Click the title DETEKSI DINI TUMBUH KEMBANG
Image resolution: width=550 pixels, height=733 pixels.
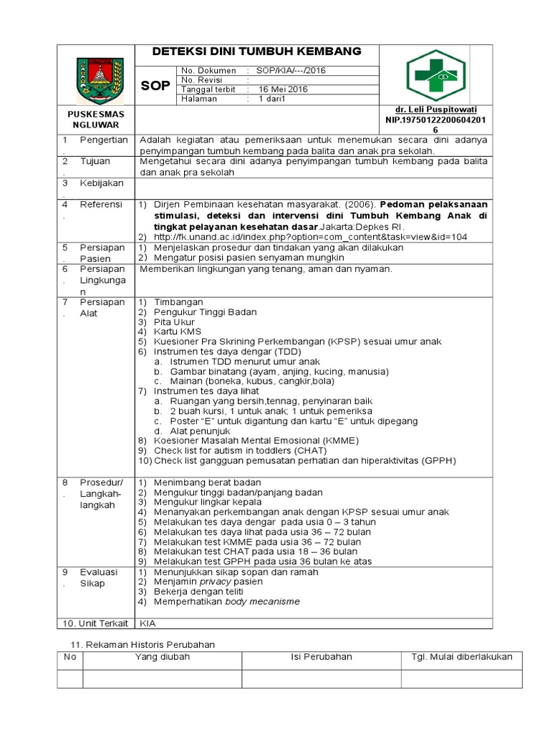click(256, 52)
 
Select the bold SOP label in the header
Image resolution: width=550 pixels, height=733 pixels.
click(155, 86)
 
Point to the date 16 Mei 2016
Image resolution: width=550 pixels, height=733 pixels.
click(283, 89)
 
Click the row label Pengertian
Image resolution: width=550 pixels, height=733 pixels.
click(104, 140)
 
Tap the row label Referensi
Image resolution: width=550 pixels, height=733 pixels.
click(101, 204)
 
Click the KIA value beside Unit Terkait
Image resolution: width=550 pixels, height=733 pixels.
click(148, 623)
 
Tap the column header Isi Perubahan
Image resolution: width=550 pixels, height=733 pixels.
click(321, 657)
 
